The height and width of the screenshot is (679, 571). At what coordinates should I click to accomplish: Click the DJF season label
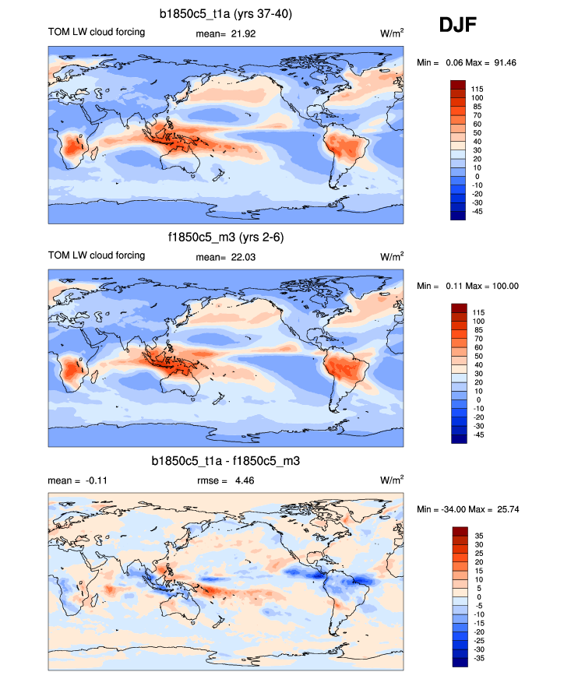[457, 26]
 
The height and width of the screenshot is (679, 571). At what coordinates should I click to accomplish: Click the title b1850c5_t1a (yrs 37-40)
[226, 13]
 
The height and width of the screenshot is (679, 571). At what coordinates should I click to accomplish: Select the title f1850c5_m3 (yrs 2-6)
[226, 238]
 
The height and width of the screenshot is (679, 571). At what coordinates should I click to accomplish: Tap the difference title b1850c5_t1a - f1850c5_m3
[226, 462]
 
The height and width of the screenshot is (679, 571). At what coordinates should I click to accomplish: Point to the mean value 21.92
[243, 33]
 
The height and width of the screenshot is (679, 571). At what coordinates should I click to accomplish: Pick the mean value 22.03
[243, 257]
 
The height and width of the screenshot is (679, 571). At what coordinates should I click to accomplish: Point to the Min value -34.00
[460, 509]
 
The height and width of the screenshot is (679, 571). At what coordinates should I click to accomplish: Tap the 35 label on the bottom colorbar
[476, 536]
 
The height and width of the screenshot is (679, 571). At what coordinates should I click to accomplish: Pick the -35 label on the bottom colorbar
[478, 659]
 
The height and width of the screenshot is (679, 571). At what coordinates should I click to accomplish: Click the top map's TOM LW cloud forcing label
[97, 32]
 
